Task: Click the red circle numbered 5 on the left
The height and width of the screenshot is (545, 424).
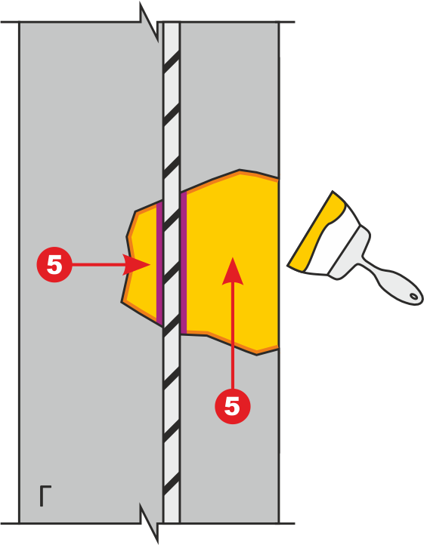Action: click(54, 264)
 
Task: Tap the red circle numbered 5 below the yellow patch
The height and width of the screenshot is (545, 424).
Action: click(233, 406)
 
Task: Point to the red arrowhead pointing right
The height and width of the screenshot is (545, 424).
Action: click(136, 264)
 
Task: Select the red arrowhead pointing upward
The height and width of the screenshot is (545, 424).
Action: click(233, 271)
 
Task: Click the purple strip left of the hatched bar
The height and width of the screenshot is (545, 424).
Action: click(159, 263)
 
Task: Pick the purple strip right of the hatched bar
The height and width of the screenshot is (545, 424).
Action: click(184, 263)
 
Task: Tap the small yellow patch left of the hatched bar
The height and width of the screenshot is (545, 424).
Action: click(142, 263)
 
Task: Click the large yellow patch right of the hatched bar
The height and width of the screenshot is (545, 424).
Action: click(231, 263)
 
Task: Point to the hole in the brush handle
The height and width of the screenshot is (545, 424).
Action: click(414, 297)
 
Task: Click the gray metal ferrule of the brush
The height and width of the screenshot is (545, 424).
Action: click(349, 253)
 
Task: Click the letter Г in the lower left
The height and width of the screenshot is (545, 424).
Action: click(45, 496)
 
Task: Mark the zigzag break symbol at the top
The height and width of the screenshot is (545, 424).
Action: click(150, 23)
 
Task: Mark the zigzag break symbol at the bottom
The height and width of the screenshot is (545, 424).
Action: click(150, 523)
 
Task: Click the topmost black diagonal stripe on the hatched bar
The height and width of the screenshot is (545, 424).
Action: click(172, 60)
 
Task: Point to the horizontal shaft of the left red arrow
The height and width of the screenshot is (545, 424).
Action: click(97, 264)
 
